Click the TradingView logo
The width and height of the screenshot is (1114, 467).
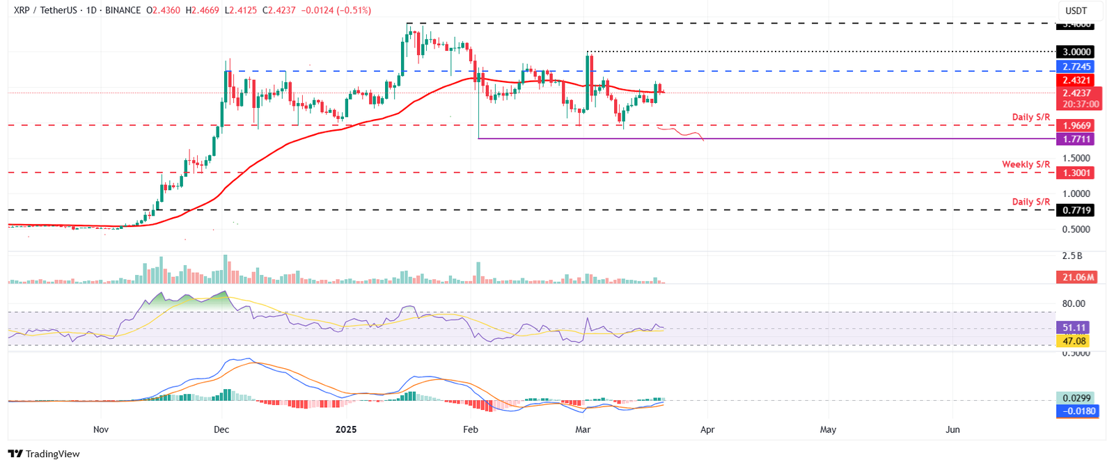tap(44, 454)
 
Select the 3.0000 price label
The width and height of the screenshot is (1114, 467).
tap(1076, 52)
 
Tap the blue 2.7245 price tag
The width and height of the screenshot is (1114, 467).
tap(1076, 67)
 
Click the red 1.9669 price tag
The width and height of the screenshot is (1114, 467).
tap(1076, 126)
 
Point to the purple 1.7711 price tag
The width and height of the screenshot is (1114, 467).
tap(1076, 139)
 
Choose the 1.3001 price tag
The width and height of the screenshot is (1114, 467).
tap(1076, 173)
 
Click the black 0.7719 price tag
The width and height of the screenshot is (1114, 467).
tap(1076, 210)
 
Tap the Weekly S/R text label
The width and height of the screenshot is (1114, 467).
tap(1026, 164)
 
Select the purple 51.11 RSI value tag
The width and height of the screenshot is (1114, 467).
tap(1074, 327)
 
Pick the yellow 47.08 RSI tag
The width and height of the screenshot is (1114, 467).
tap(1074, 341)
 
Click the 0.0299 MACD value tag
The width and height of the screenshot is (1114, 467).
tap(1077, 398)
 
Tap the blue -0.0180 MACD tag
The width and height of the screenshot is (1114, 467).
tap(1077, 411)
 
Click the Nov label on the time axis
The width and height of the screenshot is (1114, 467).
tap(101, 429)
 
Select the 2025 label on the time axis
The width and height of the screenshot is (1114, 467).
tap(345, 429)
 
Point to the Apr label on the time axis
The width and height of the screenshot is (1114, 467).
tap(707, 429)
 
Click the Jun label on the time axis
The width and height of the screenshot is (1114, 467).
tap(952, 429)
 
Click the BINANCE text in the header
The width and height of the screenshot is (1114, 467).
tap(123, 10)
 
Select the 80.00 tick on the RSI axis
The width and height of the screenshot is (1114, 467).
tap(1073, 303)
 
